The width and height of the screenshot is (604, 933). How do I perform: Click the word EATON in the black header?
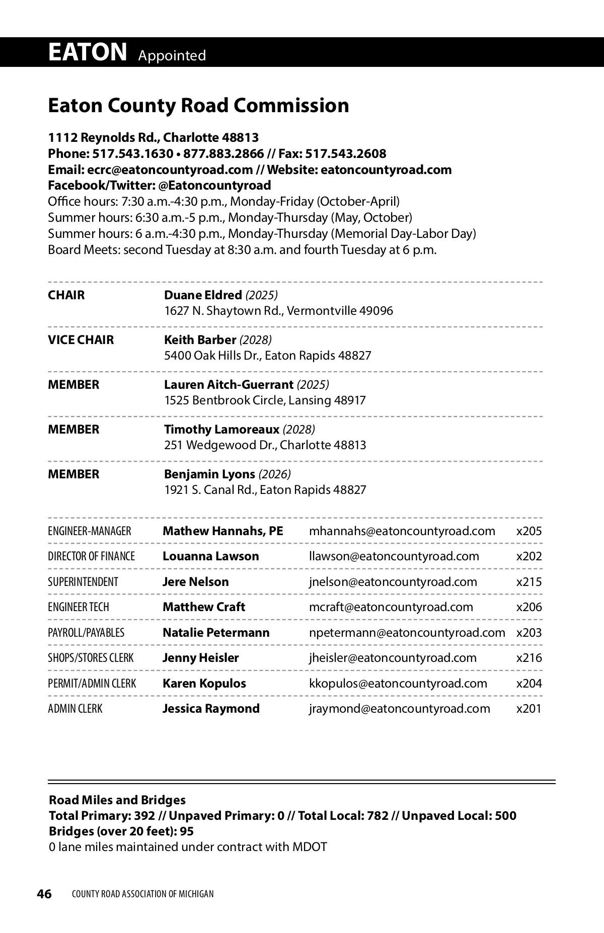88,52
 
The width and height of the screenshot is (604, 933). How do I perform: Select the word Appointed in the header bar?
172,55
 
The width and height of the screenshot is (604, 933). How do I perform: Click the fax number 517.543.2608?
346,153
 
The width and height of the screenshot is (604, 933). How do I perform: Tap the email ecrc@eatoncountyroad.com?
170,169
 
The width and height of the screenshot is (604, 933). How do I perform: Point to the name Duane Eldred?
203,295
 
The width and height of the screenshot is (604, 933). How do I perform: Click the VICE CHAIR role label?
81,340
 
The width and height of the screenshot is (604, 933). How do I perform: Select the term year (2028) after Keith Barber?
255,340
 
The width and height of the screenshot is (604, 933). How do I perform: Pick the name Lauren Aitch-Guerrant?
229,384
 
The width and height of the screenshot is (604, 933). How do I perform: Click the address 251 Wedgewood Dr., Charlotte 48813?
265,445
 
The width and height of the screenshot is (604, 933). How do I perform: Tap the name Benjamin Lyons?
209,474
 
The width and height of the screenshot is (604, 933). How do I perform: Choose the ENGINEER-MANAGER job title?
90,531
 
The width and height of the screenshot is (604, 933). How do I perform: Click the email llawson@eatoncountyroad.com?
394,556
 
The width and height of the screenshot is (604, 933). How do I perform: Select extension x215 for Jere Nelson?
529,582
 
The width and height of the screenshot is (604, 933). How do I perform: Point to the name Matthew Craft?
204,607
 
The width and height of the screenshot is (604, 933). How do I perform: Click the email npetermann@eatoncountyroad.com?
407,633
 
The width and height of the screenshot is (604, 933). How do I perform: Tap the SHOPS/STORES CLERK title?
91,658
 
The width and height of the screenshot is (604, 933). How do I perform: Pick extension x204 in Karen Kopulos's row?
529,684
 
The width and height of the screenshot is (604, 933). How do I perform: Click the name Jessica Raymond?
211,709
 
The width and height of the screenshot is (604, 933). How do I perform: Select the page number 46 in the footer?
44,894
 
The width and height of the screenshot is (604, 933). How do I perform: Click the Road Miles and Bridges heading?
117,800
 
